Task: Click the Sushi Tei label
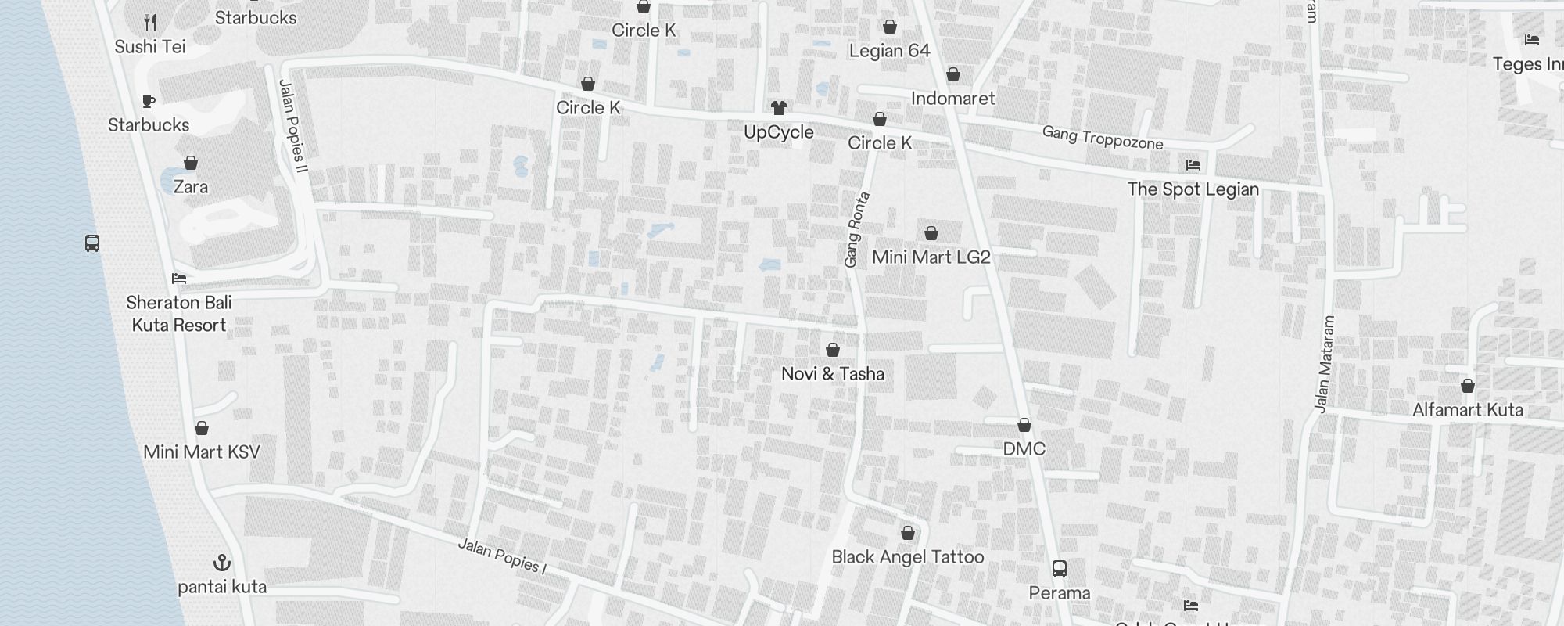[150, 47]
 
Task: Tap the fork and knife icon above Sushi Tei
[150, 23]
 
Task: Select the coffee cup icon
[149, 101]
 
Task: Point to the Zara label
[191, 187]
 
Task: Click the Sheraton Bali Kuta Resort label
[179, 314]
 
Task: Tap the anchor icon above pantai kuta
[222, 563]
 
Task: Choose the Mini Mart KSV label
[202, 452]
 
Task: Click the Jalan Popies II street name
[294, 126]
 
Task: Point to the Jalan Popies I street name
[501, 556]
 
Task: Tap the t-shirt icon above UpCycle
[778, 108]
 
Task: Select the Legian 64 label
[890, 52]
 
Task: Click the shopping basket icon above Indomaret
[953, 74]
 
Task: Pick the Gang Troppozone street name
[1103, 138]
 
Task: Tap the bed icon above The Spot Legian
[1193, 165]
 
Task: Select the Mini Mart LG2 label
[931, 257]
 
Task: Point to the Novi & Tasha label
[833, 374]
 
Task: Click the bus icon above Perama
[1060, 569]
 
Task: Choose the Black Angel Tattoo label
[908, 557]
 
